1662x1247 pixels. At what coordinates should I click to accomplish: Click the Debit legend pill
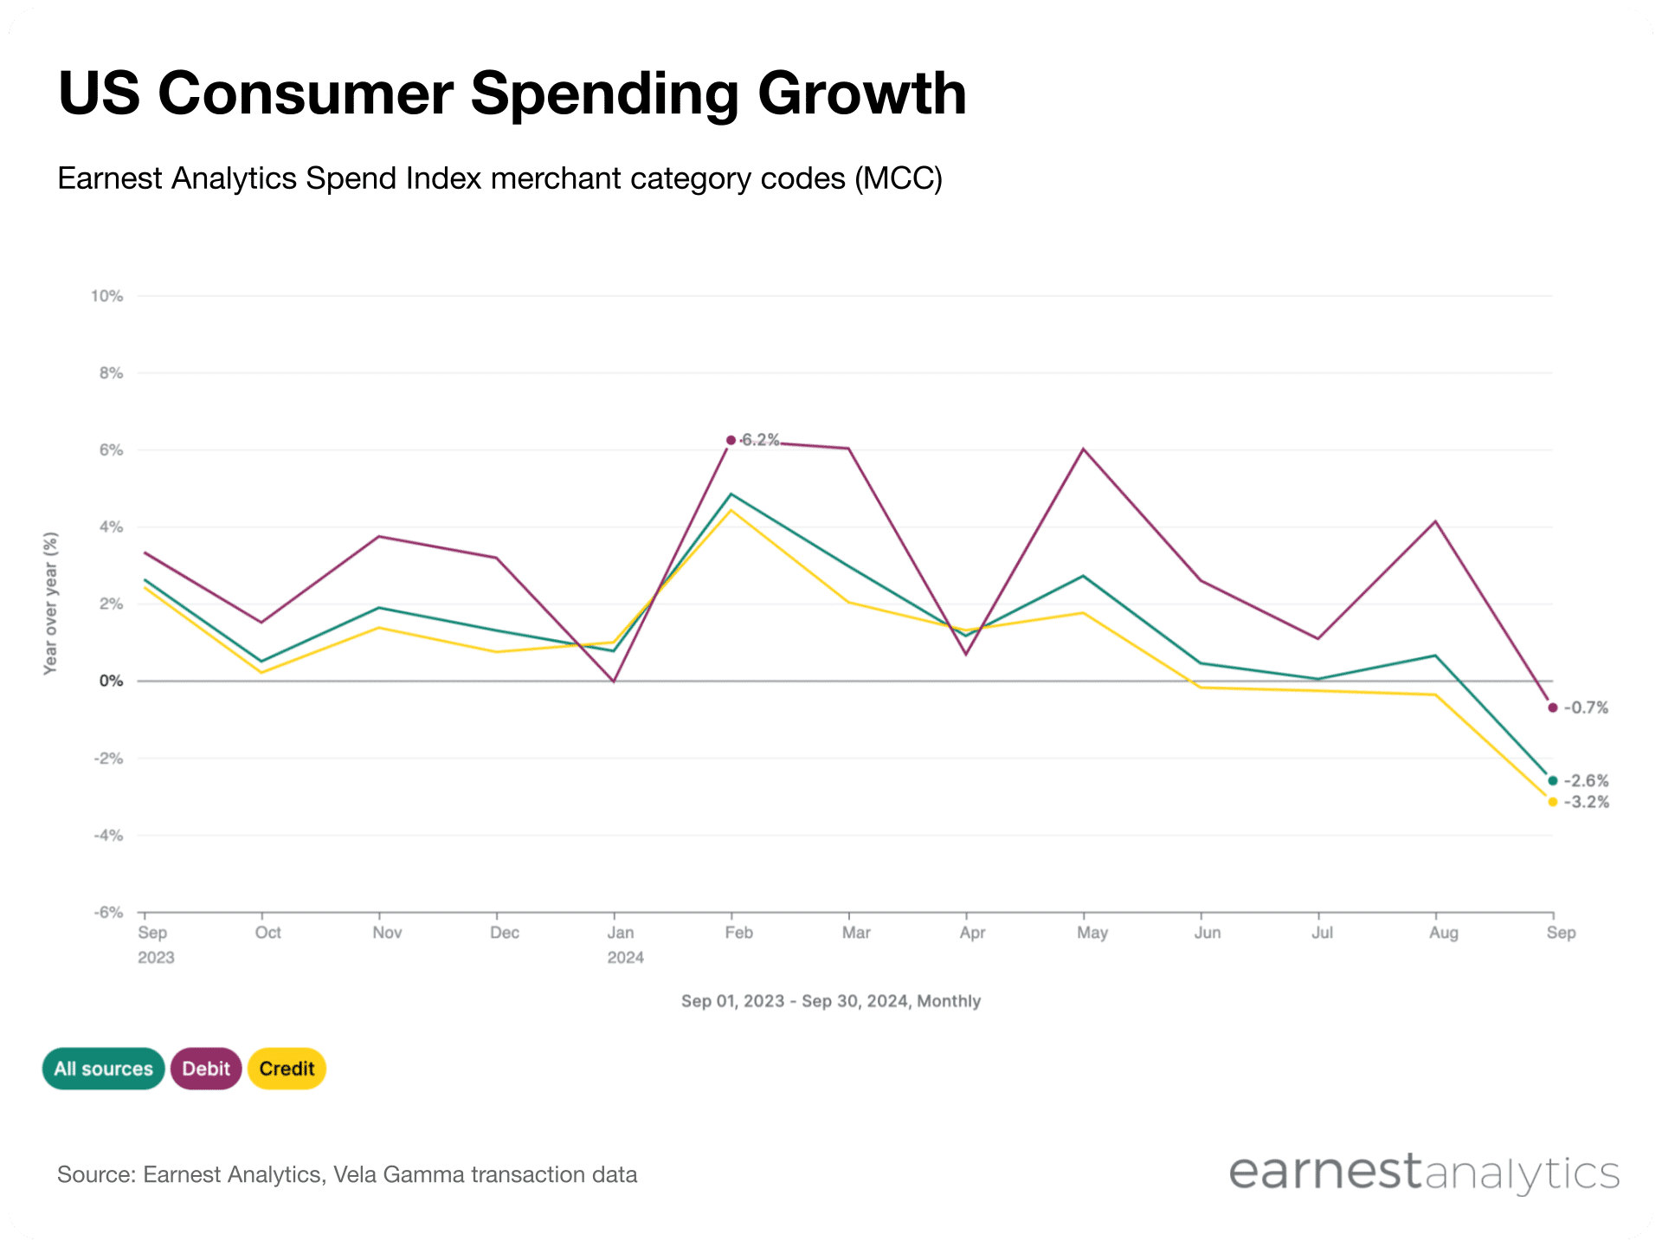pos(206,1069)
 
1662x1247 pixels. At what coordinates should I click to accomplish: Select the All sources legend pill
pos(103,1069)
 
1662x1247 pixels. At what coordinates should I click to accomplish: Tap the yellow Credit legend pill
pos(287,1069)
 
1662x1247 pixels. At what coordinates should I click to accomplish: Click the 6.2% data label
pos(760,440)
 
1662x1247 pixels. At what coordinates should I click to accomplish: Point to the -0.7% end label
pos(1586,707)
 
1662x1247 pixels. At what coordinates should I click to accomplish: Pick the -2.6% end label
pos(1586,781)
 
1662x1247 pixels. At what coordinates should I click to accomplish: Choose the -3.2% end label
pos(1586,802)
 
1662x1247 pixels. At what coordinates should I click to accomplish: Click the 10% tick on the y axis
pos(107,296)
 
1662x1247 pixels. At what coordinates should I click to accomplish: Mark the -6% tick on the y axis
pos(109,913)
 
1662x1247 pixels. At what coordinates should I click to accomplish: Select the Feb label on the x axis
pos(738,933)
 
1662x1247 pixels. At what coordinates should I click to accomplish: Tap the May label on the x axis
pos(1092,933)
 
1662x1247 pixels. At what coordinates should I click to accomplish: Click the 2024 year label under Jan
pos(625,958)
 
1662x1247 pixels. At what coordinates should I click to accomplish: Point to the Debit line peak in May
pos(1083,449)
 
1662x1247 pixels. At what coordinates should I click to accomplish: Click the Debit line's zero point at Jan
pos(614,681)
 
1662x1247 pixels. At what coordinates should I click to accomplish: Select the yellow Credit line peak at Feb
pos(731,510)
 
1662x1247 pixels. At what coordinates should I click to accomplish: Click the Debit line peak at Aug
pos(1435,521)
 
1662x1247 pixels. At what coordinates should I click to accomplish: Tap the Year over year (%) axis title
pos(51,604)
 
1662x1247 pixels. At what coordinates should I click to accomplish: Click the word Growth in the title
pos(862,94)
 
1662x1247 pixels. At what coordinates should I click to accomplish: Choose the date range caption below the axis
pos(830,1001)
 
